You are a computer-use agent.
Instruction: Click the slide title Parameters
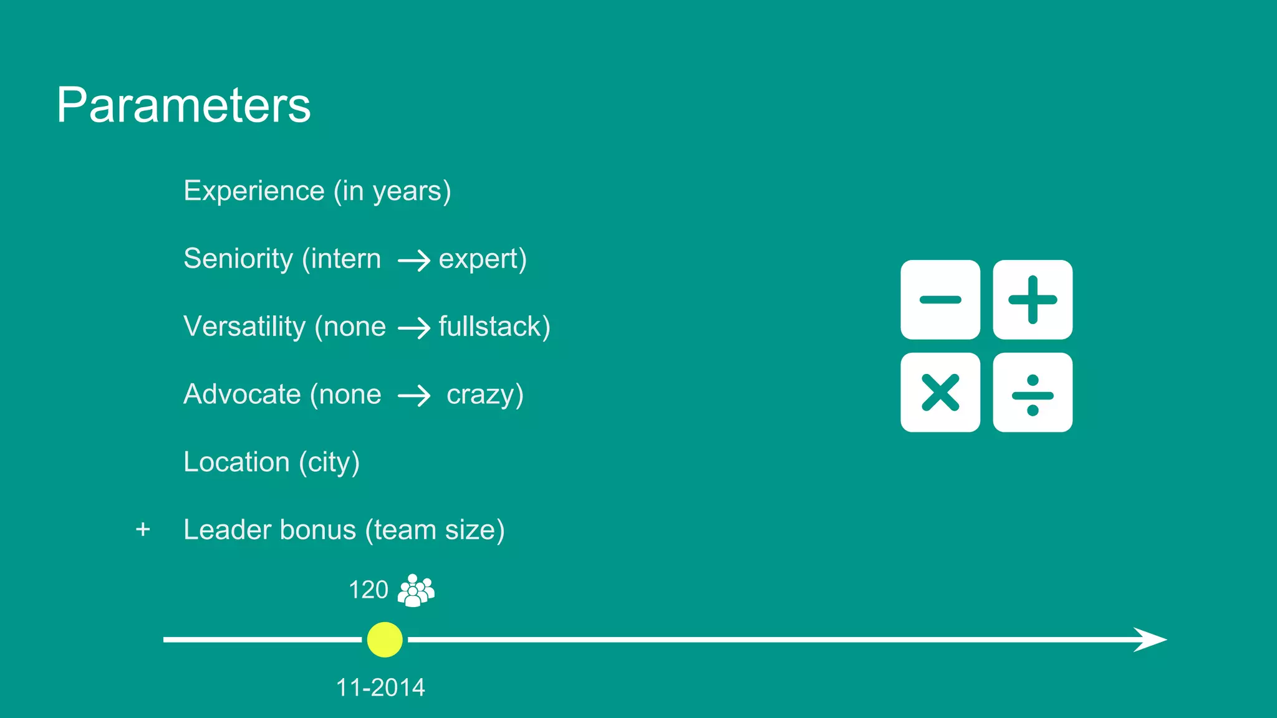pyautogui.click(x=183, y=105)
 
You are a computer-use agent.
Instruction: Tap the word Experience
pyautogui.click(x=254, y=191)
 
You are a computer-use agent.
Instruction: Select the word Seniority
pyautogui.click(x=238, y=259)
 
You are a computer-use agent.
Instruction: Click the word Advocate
pyautogui.click(x=242, y=395)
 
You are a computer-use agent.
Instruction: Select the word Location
pyautogui.click(x=236, y=462)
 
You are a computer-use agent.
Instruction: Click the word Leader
pyautogui.click(x=228, y=530)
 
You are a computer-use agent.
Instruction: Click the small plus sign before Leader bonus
pyautogui.click(x=143, y=530)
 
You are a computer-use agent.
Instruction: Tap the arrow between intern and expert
pyautogui.click(x=414, y=261)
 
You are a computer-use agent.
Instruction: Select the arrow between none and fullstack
pyautogui.click(x=414, y=328)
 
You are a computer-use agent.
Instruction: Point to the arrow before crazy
pyautogui.click(x=414, y=396)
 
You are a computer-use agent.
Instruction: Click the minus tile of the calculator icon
pyautogui.click(x=940, y=300)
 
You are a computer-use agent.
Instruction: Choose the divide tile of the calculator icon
pyautogui.click(x=1033, y=393)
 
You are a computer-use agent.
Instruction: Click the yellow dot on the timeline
pyautogui.click(x=385, y=639)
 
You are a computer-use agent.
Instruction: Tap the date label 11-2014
pyautogui.click(x=380, y=687)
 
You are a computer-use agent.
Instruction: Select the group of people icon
pyautogui.click(x=416, y=590)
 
